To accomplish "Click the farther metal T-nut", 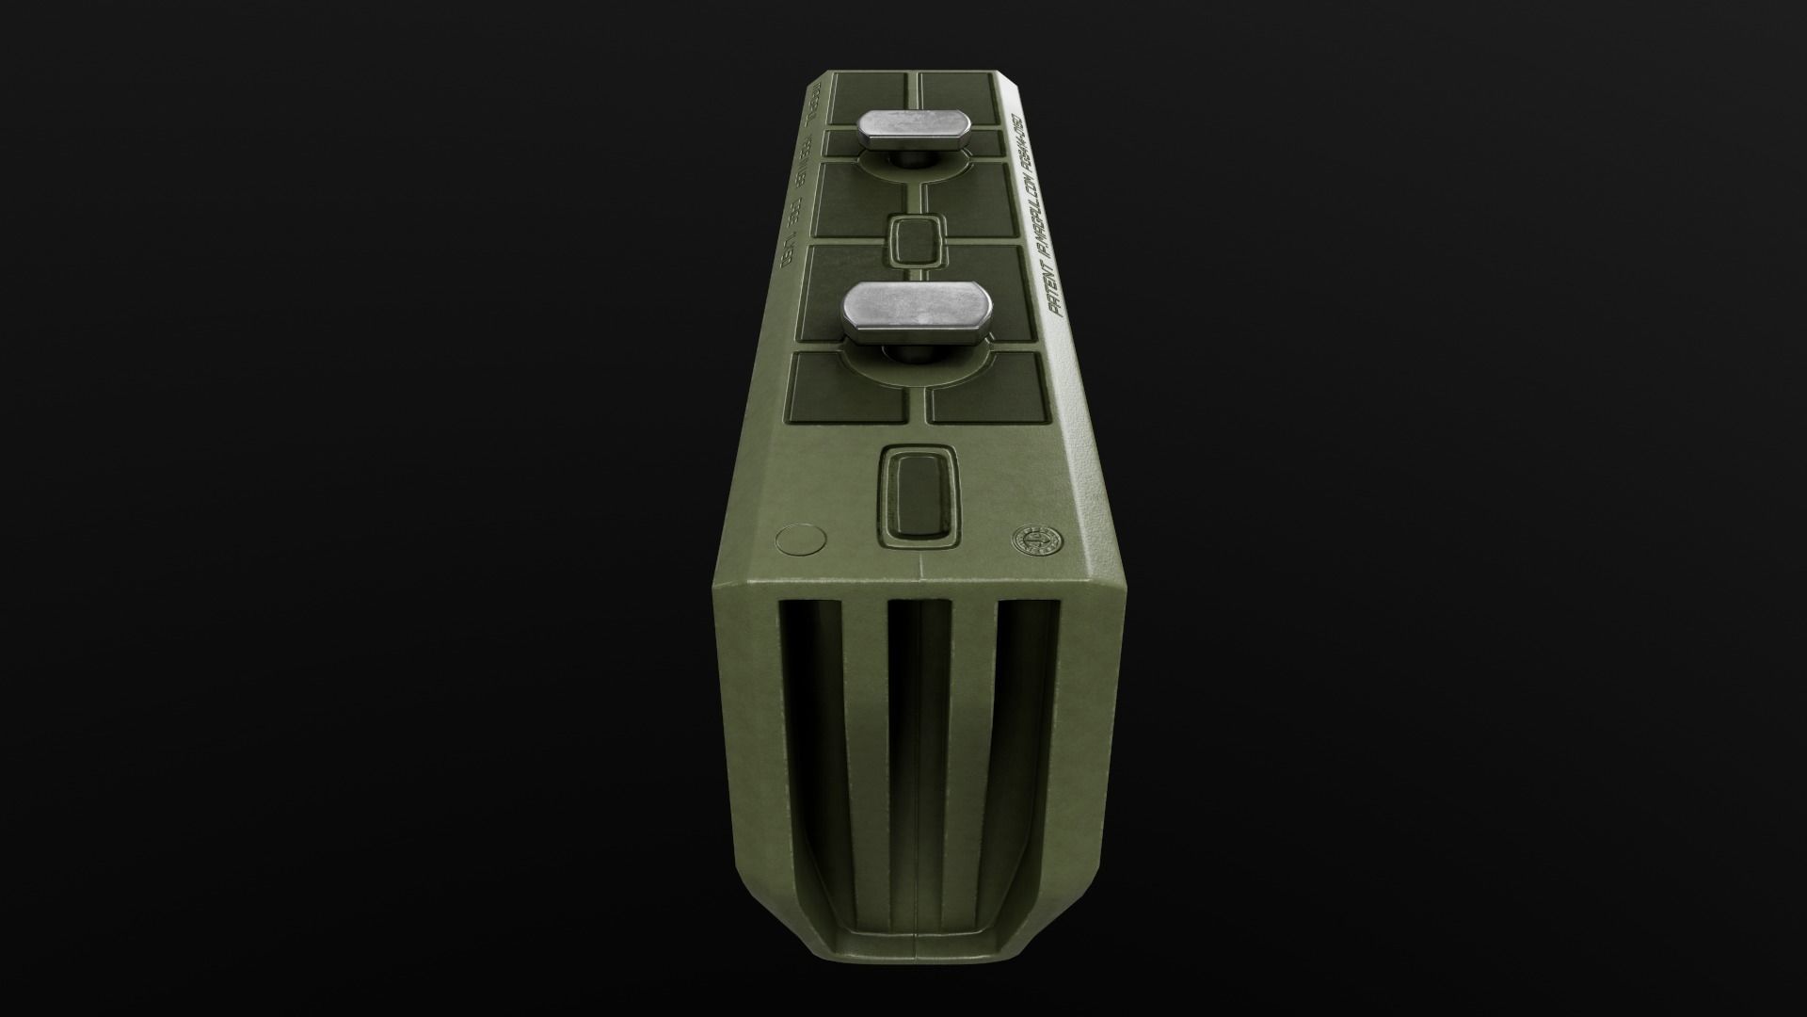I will (910, 130).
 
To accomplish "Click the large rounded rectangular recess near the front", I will (919, 496).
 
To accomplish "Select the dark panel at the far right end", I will (956, 95).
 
